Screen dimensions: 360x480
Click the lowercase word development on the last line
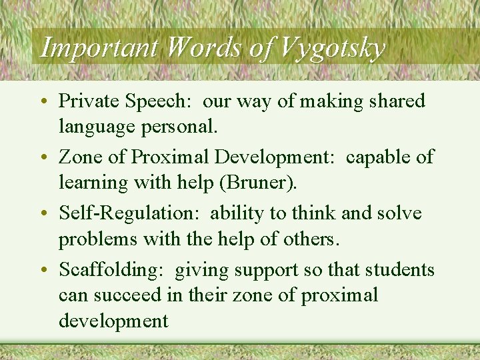pos(113,321)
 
